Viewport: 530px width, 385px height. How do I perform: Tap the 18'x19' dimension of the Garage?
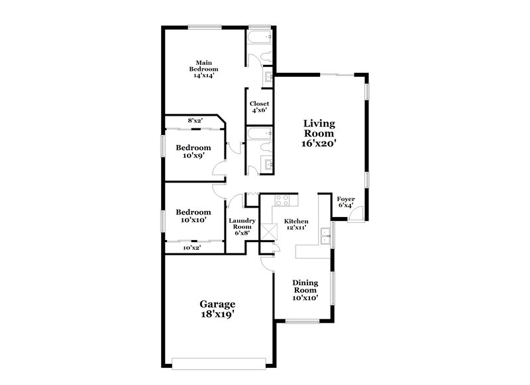217,314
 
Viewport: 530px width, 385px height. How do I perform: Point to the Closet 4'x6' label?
259,107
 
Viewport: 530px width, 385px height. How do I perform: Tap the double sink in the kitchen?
324,235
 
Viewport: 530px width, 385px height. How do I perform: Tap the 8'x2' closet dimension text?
195,120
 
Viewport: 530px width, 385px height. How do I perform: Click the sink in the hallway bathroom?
269,164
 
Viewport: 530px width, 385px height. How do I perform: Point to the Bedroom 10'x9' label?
193,151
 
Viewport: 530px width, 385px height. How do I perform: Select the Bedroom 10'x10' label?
193,216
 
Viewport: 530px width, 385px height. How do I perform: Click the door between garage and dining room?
267,263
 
